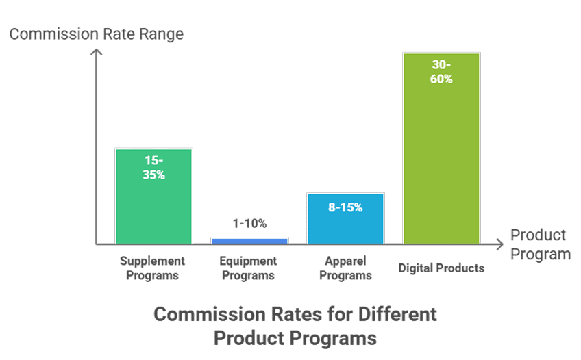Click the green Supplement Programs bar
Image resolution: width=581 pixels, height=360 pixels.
(153, 205)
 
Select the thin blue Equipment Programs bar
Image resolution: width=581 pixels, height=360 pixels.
(249, 240)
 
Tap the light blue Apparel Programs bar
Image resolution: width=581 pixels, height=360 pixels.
(345, 226)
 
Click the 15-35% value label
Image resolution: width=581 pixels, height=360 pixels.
(154, 167)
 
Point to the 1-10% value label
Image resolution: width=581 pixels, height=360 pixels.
(249, 223)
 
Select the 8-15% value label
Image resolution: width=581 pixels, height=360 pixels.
(345, 207)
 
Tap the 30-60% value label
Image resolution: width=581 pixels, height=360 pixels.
(442, 72)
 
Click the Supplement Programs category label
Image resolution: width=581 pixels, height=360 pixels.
(153, 268)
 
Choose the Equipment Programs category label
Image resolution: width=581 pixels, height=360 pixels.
(249, 268)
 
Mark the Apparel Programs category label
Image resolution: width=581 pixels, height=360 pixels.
(345, 268)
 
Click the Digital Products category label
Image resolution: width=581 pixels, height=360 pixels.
(441, 268)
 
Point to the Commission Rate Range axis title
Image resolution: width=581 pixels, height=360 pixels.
(97, 34)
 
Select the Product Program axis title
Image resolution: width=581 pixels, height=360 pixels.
(540, 244)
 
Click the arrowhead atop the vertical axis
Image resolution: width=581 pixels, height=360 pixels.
(97, 52)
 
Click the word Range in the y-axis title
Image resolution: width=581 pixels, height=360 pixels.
(161, 34)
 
